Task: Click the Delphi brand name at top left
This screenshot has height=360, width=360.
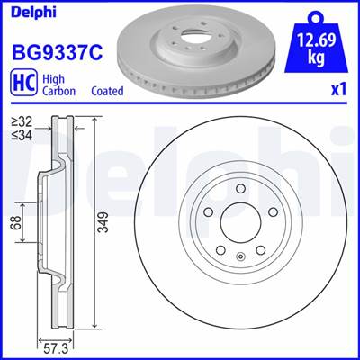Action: [33, 13]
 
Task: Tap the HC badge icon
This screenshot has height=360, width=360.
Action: [23, 83]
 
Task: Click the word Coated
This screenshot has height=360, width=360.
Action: [107, 91]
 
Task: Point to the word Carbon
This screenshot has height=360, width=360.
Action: [58, 91]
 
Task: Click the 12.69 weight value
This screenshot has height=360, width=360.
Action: [317, 40]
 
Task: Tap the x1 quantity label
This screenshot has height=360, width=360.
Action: [339, 90]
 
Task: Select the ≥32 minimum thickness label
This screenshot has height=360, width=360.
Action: [22, 122]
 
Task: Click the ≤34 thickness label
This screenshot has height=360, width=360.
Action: [22, 135]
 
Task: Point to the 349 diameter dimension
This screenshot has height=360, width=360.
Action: [103, 222]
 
